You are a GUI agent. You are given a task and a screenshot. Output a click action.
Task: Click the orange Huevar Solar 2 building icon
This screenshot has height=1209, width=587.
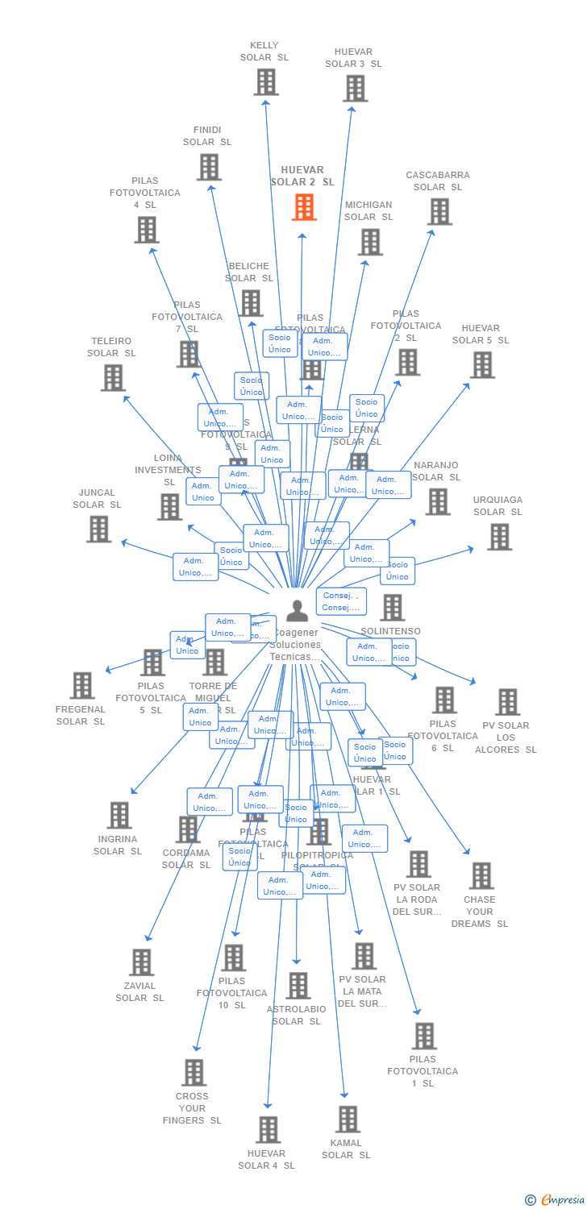click(x=304, y=207)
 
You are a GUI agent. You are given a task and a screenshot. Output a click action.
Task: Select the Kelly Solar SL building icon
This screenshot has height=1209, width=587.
click(x=265, y=82)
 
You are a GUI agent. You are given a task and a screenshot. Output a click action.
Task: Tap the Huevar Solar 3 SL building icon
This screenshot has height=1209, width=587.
click(x=355, y=89)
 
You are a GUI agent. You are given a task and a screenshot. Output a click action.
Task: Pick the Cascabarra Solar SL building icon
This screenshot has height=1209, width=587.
click(x=439, y=212)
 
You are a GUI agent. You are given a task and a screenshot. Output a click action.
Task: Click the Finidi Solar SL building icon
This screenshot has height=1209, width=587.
click(x=208, y=167)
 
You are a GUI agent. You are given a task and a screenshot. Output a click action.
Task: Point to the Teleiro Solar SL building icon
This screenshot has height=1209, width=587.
click(x=113, y=377)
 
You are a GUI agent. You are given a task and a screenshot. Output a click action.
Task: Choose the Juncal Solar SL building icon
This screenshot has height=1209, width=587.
click(x=98, y=529)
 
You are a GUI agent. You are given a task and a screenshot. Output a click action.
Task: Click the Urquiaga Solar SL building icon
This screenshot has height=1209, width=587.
click(x=499, y=537)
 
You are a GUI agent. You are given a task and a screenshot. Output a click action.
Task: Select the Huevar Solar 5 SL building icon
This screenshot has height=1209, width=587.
click(x=481, y=365)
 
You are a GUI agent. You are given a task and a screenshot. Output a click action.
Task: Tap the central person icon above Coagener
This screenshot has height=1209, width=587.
click(x=297, y=611)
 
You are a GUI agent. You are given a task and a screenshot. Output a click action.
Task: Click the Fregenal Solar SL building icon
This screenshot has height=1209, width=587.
click(x=81, y=686)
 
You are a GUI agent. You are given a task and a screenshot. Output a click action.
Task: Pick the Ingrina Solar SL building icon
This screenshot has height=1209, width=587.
click(x=119, y=816)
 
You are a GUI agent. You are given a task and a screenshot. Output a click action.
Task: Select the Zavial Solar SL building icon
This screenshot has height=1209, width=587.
click(x=141, y=962)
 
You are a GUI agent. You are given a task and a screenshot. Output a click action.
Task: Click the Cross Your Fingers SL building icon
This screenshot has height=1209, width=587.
click(x=194, y=1073)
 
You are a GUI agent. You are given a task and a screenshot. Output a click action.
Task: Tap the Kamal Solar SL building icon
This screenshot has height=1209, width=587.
click(x=348, y=1120)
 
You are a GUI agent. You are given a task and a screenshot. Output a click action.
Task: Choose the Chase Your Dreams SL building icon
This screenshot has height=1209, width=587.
click(x=481, y=876)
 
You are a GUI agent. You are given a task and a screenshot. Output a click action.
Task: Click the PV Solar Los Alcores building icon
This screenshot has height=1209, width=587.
click(x=507, y=702)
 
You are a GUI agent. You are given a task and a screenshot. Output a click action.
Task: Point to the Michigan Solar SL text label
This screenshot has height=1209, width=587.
click(x=368, y=211)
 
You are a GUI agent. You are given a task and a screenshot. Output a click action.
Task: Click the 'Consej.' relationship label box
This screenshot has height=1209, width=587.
click(x=341, y=601)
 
